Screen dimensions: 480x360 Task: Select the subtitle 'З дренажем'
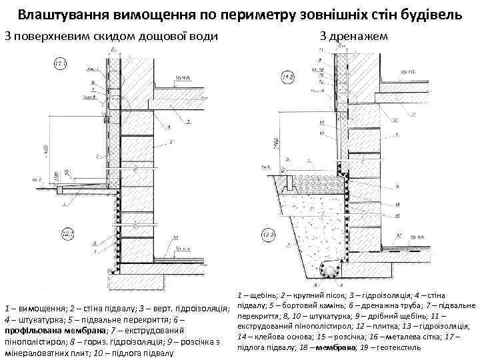pyautogui.click(x=352, y=35)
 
